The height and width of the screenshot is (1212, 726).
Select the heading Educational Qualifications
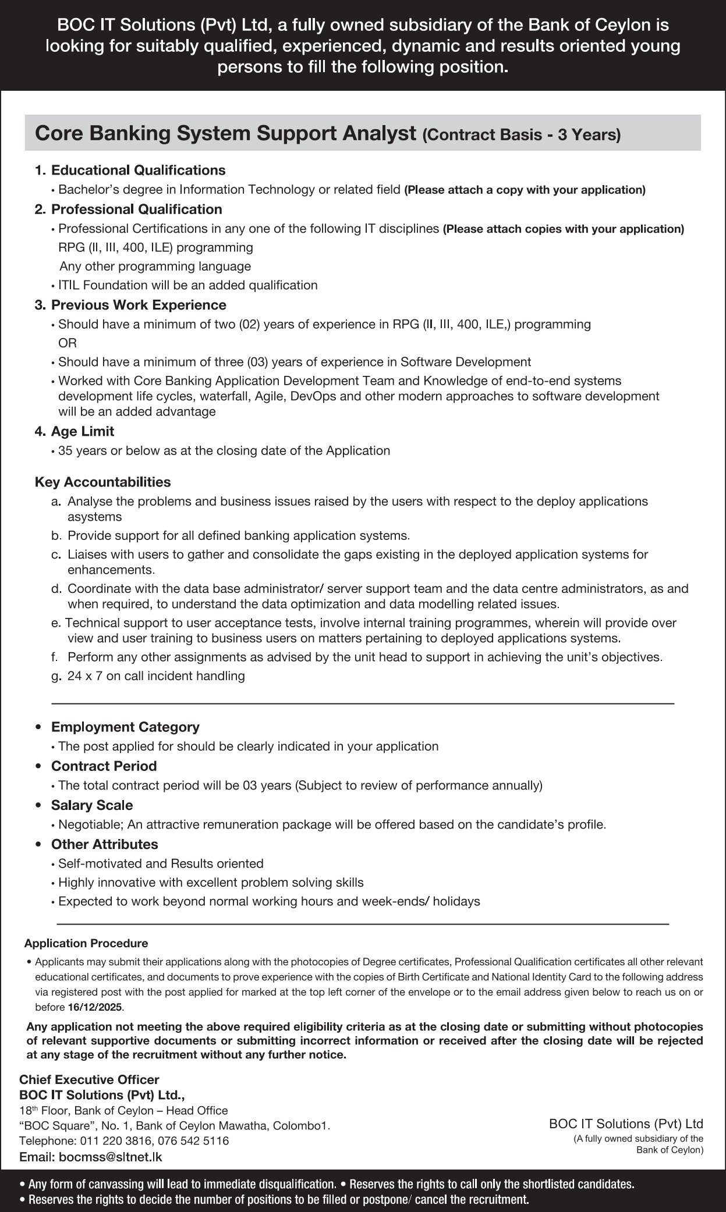[x=138, y=170]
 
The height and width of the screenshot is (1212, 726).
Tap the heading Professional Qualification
[x=136, y=209]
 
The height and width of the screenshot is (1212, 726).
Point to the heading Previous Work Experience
[x=139, y=305]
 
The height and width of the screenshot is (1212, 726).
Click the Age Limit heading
[x=83, y=431]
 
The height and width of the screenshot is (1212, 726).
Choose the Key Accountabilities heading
[x=102, y=482]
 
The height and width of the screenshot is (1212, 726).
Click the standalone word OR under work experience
[x=68, y=343]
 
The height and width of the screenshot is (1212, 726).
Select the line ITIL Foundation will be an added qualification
[x=187, y=285]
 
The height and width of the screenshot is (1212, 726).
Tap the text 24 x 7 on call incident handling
[x=156, y=676]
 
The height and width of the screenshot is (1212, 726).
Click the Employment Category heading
[x=125, y=727]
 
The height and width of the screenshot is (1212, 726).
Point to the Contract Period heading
[x=104, y=766]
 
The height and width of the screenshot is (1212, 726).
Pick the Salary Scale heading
[x=92, y=805]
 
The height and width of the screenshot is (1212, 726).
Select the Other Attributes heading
[x=105, y=844]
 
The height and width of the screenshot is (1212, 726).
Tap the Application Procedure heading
[x=86, y=943]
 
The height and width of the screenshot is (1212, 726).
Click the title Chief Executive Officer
[x=89, y=1079]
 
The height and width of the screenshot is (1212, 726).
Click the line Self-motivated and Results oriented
[x=161, y=863]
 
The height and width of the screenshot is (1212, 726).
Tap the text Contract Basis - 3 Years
[x=522, y=135]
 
